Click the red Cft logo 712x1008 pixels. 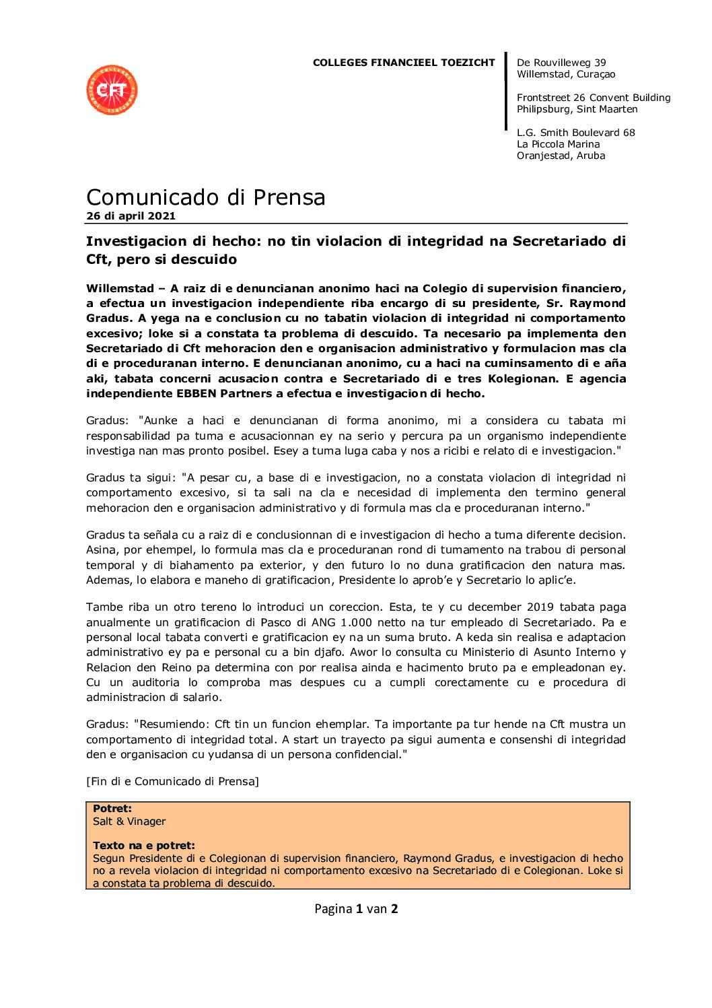tap(112, 90)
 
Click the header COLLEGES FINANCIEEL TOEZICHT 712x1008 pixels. tap(403, 63)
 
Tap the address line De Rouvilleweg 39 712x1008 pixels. tap(561, 63)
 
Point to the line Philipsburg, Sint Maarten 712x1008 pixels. tap(577, 109)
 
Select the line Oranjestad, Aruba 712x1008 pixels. tap(561, 156)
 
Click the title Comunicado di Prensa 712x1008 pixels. tap(205, 197)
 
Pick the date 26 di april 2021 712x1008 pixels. tap(131, 216)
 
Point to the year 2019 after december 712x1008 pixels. tap(540, 607)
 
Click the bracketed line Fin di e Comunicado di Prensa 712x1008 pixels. tap(172, 782)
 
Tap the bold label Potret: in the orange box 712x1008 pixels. tap(112, 809)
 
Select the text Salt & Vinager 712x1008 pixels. tap(129, 821)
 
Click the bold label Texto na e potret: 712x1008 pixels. tap(144, 846)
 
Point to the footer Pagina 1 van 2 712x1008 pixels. tap(356, 909)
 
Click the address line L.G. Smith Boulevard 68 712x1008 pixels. tap(575, 133)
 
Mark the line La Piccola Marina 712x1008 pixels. tap(558, 144)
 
